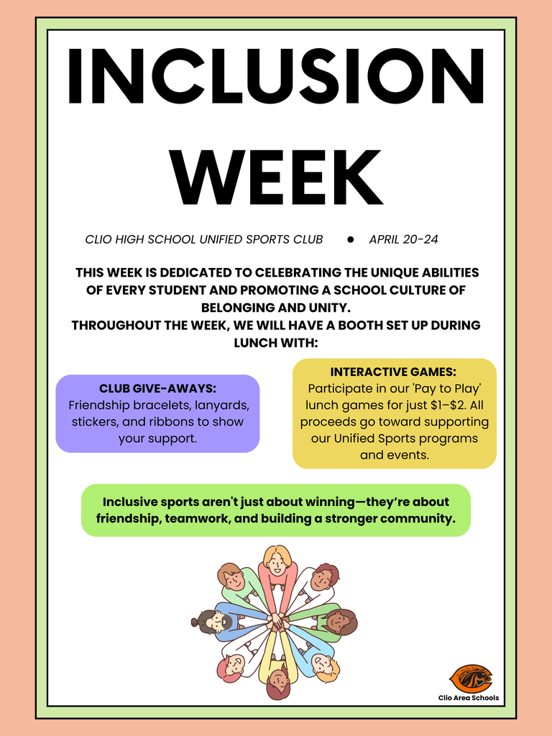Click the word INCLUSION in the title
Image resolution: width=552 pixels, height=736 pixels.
pyautogui.click(x=276, y=77)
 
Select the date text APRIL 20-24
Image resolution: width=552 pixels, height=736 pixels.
pyautogui.click(x=403, y=239)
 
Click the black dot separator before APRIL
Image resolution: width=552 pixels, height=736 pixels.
pyautogui.click(x=351, y=239)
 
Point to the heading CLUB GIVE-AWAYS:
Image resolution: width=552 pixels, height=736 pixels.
pyautogui.click(x=157, y=388)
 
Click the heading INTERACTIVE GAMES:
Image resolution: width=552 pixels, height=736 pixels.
pyautogui.click(x=393, y=372)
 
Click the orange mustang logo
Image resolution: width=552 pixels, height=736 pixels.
pyautogui.click(x=470, y=678)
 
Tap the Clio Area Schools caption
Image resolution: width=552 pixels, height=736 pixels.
pyautogui.click(x=468, y=698)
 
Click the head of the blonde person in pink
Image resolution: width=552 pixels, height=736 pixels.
pyautogui.click(x=277, y=560)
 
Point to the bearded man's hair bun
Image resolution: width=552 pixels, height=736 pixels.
pyautogui.click(x=195, y=622)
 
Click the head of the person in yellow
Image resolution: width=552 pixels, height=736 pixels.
pyautogui.click(x=277, y=681)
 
